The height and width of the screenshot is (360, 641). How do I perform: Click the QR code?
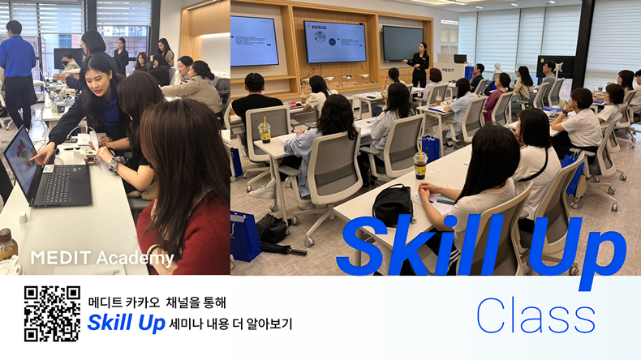(x=52, y=314)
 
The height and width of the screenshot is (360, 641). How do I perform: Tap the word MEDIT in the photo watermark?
(x=61, y=258)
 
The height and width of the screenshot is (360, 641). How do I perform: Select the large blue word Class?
(x=536, y=316)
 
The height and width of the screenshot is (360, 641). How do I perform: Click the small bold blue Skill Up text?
(x=126, y=323)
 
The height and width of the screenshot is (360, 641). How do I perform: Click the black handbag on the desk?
(x=393, y=205)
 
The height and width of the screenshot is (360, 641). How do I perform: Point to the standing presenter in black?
(x=419, y=65)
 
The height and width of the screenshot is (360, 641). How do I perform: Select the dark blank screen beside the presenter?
(x=402, y=44)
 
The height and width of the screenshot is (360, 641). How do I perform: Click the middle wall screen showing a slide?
(x=334, y=42)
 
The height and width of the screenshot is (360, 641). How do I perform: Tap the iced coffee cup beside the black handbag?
(x=419, y=164)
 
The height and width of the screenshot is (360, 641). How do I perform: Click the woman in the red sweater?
(x=184, y=192)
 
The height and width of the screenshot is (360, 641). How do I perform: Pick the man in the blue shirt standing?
(x=18, y=75)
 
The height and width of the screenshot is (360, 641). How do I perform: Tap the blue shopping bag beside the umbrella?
(x=244, y=236)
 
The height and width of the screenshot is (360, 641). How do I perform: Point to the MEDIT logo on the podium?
(x=448, y=70)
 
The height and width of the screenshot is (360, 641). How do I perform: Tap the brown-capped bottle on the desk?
(x=7, y=245)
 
